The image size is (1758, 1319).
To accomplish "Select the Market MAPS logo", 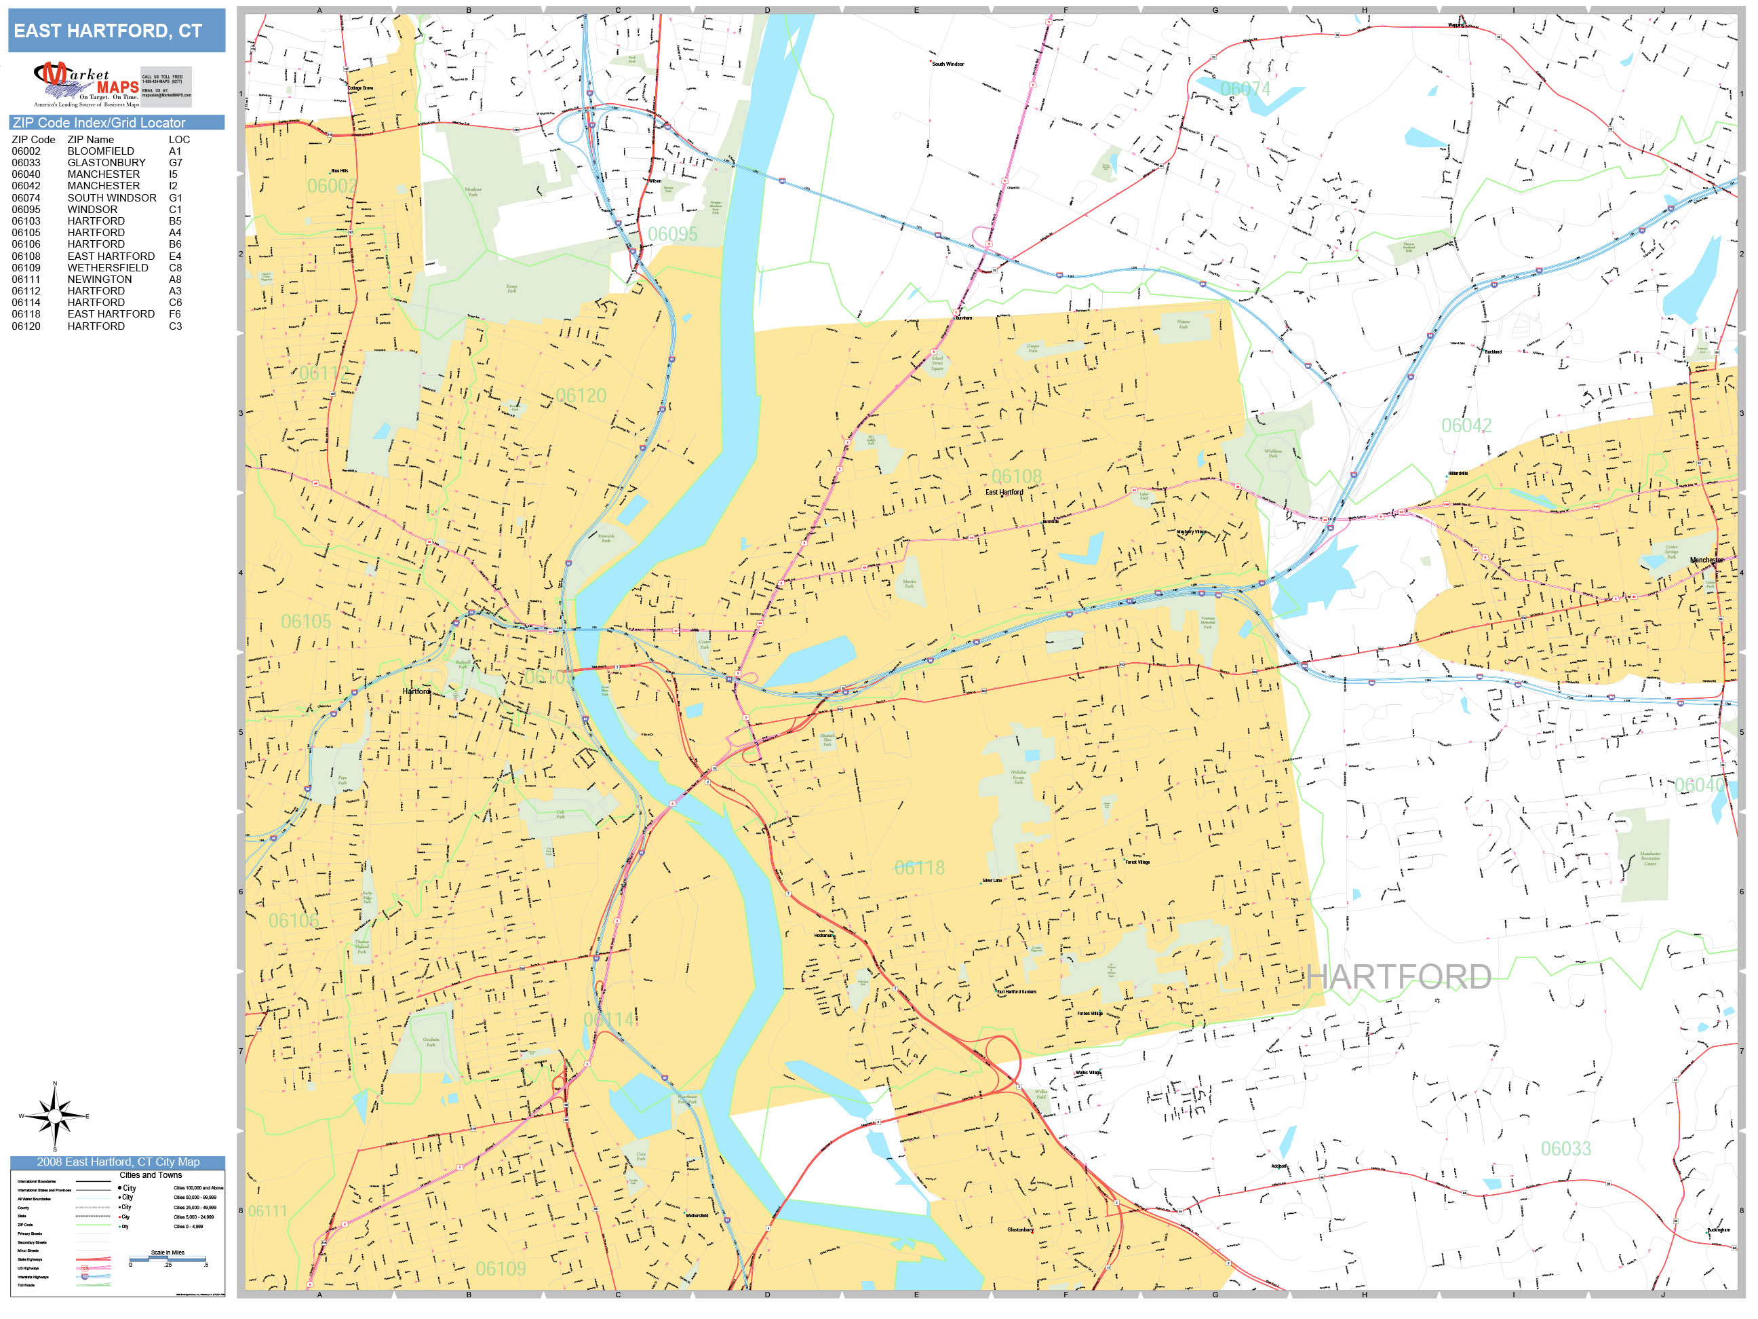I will [x=87, y=85].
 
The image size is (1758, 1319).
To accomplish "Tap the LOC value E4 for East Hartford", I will [x=175, y=256].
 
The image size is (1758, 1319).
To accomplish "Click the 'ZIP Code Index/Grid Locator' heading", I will [x=99, y=122].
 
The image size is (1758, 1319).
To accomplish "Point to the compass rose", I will [x=54, y=1116].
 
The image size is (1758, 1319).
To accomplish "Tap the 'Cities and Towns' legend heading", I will [x=150, y=1175].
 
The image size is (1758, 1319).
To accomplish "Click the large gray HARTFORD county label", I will [x=1398, y=977].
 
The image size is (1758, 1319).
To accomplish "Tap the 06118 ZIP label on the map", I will [x=920, y=867].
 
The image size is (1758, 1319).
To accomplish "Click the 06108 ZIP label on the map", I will [x=1016, y=476].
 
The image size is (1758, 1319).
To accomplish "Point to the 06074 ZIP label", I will [x=1245, y=89].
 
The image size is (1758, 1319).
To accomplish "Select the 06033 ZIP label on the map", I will [x=1565, y=1149].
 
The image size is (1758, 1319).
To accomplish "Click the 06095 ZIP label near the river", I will [x=672, y=235].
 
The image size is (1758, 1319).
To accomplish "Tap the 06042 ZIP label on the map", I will [x=1466, y=425].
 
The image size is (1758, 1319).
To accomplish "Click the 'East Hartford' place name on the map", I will [x=1004, y=492].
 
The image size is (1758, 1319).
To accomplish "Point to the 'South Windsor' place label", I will [x=948, y=64].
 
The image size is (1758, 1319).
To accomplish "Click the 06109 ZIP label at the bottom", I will [x=501, y=1269].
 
